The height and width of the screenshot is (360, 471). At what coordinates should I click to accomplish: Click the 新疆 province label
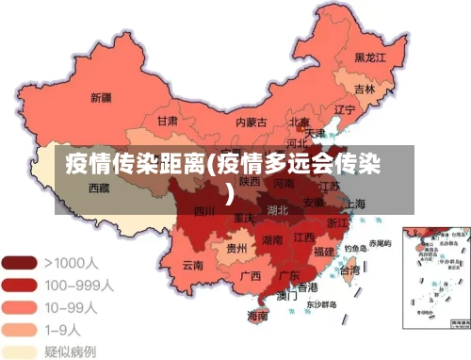click(x=101, y=96)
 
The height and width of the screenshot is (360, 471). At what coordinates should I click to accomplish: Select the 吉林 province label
click(x=365, y=90)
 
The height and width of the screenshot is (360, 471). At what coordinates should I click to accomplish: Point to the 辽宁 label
click(x=345, y=109)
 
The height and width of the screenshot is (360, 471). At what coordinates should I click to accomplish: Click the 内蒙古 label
click(x=251, y=122)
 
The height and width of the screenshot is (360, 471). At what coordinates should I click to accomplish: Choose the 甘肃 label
click(x=168, y=121)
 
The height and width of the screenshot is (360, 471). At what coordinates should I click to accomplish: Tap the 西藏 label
click(x=99, y=188)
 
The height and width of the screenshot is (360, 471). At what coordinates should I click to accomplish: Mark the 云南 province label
click(x=193, y=265)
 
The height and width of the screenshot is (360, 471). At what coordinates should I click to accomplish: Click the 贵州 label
click(x=236, y=248)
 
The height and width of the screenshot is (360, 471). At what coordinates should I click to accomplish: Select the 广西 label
click(x=250, y=276)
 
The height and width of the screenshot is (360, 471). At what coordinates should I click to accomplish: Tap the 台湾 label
click(x=348, y=270)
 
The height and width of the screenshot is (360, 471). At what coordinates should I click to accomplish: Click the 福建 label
click(x=324, y=252)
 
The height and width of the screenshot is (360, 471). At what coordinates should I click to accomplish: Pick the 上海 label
click(x=355, y=204)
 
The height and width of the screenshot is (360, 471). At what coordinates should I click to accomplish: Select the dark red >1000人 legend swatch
click(x=19, y=260)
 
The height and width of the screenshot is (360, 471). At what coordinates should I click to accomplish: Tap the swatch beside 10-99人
click(x=19, y=306)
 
